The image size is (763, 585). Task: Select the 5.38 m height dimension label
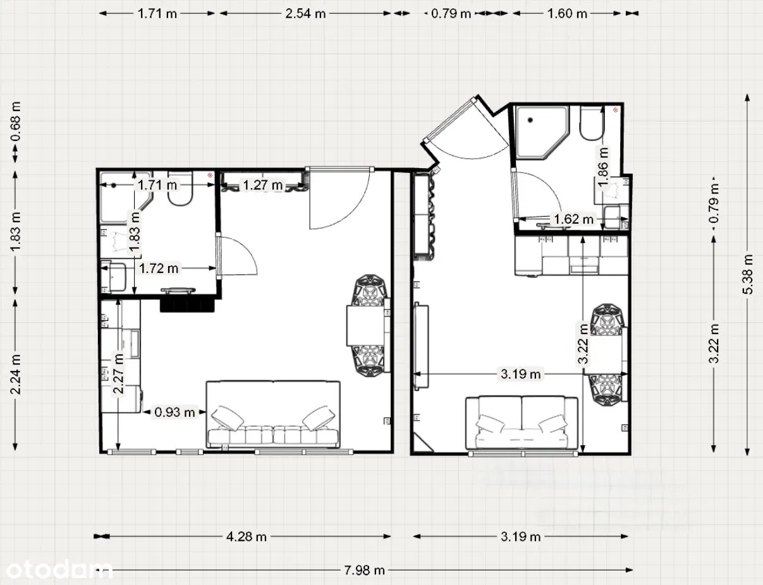(x=748, y=274)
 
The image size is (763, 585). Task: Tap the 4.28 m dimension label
(x=246, y=537)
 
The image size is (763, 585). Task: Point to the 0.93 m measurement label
(x=174, y=413)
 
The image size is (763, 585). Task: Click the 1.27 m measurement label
(x=263, y=185)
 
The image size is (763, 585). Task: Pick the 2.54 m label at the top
(x=306, y=13)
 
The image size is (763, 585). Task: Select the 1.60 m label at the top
(x=567, y=13)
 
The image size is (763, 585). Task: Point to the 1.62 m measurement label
(x=573, y=219)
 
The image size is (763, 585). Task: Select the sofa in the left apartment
(x=273, y=415)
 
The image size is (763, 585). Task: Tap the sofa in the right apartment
(x=522, y=423)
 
